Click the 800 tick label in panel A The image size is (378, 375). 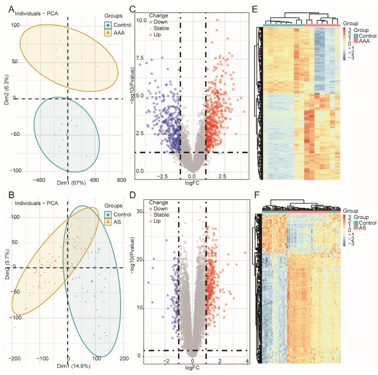pos(122,180)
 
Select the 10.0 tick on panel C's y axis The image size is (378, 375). pos(142,20)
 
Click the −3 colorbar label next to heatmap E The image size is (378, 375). pos(351,58)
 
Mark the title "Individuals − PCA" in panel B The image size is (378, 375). pos(36,203)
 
